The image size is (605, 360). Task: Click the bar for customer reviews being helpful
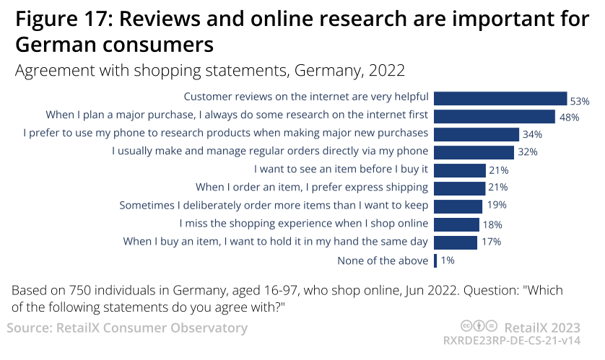pyautogui.click(x=500, y=98)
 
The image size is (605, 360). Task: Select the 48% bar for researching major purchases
pyautogui.click(x=494, y=116)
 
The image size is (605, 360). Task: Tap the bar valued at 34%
pyautogui.click(x=476, y=134)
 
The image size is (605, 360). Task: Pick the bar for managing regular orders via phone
pyautogui.click(x=474, y=152)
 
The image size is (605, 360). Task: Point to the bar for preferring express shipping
pyautogui.click(x=459, y=188)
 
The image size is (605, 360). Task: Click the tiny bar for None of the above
pyautogui.click(x=435, y=260)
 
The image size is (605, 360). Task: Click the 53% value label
pyautogui.click(x=580, y=102)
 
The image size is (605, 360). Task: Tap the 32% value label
pyautogui.click(x=527, y=152)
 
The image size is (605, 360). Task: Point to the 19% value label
pyautogui.click(x=496, y=206)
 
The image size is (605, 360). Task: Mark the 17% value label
pyautogui.click(x=491, y=242)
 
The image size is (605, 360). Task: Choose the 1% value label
pyautogui.click(x=448, y=260)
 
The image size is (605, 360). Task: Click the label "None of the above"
pyautogui.click(x=383, y=260)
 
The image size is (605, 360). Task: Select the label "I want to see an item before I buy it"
pyautogui.click(x=341, y=170)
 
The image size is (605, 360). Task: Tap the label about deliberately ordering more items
pyautogui.click(x=274, y=206)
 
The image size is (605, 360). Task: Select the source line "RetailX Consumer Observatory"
pyautogui.click(x=127, y=328)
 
